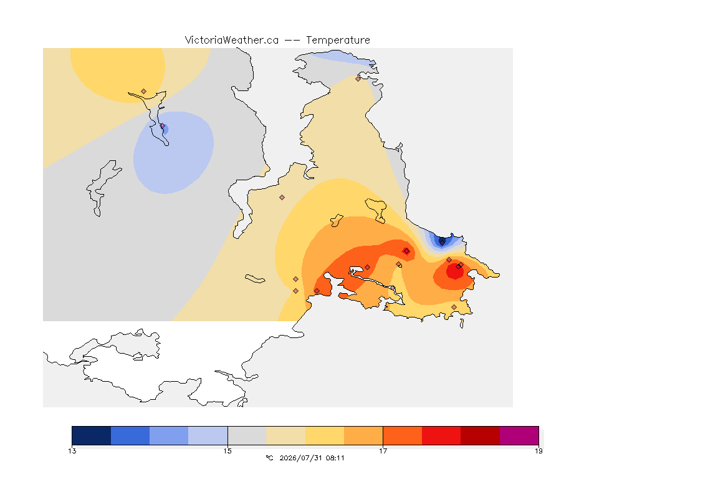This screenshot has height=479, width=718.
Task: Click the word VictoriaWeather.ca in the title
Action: [x=232, y=41]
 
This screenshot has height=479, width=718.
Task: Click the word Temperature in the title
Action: [x=338, y=41]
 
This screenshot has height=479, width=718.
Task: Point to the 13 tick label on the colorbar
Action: [x=72, y=451]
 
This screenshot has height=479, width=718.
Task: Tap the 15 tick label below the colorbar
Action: [x=227, y=451]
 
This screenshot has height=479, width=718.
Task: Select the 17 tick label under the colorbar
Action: [x=383, y=451]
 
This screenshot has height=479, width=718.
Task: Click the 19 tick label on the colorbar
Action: [x=538, y=451]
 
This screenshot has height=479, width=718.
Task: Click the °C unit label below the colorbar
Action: [x=270, y=458]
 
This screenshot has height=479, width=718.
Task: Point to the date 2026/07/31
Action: [x=300, y=458]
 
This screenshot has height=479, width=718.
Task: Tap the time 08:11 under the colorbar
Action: [x=335, y=458]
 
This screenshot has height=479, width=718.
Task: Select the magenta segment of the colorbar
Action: [x=519, y=435]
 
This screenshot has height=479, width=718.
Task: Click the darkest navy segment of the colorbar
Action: [x=92, y=435]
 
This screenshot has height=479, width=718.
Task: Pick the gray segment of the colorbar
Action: [x=247, y=435]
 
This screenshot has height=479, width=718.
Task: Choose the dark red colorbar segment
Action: [x=481, y=435]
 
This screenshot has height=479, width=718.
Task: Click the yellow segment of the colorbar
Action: [x=325, y=435]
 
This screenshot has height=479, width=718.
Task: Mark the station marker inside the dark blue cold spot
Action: [x=442, y=242]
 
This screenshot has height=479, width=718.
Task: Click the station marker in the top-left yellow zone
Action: [x=144, y=92]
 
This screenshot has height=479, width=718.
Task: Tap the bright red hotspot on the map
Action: [x=455, y=271]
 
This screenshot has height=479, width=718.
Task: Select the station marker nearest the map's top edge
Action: [x=358, y=79]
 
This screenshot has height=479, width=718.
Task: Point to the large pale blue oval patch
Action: [x=173, y=152]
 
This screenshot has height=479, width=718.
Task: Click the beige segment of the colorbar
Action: [x=285, y=435]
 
